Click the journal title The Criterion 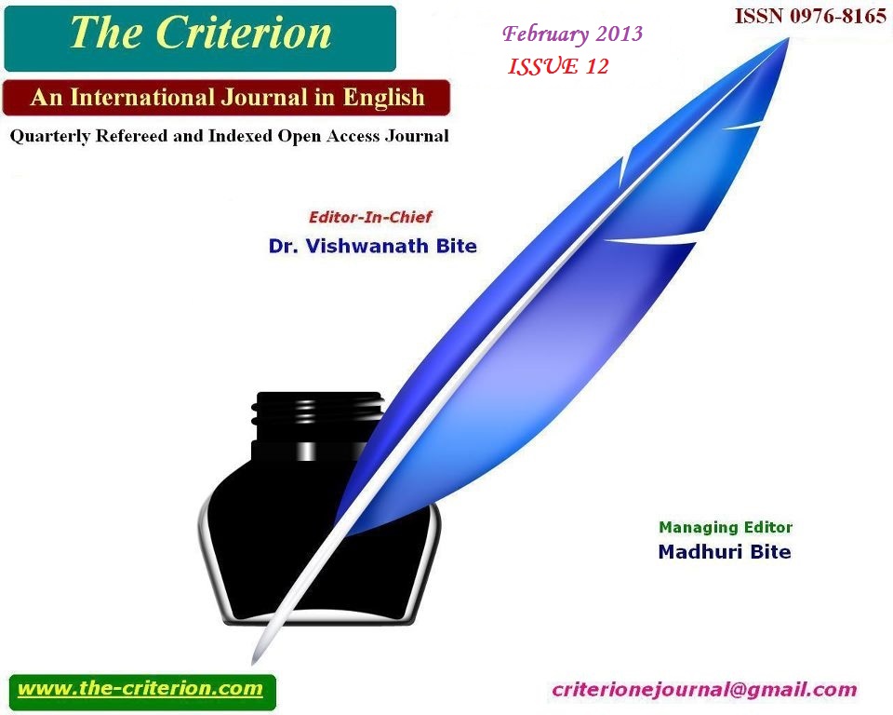201,34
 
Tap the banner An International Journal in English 227,98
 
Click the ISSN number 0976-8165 838,16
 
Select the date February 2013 572,34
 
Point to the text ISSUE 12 558,67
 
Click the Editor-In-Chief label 370,217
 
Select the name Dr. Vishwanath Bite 372,246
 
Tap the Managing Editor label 726,528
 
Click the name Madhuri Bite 725,551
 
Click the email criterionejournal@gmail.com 704,690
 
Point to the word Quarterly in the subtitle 50,137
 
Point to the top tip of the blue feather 789,38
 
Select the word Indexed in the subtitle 240,136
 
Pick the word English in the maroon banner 384,98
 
